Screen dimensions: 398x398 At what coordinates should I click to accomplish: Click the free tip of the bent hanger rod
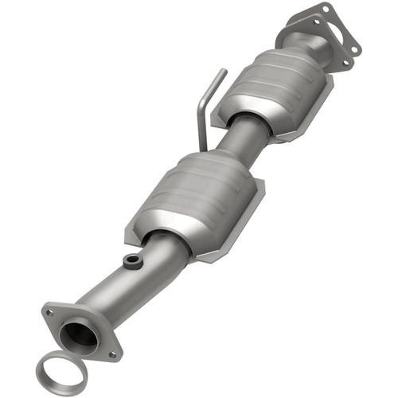pos(223,72)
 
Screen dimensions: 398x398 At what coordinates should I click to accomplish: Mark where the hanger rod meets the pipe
pos(204,147)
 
